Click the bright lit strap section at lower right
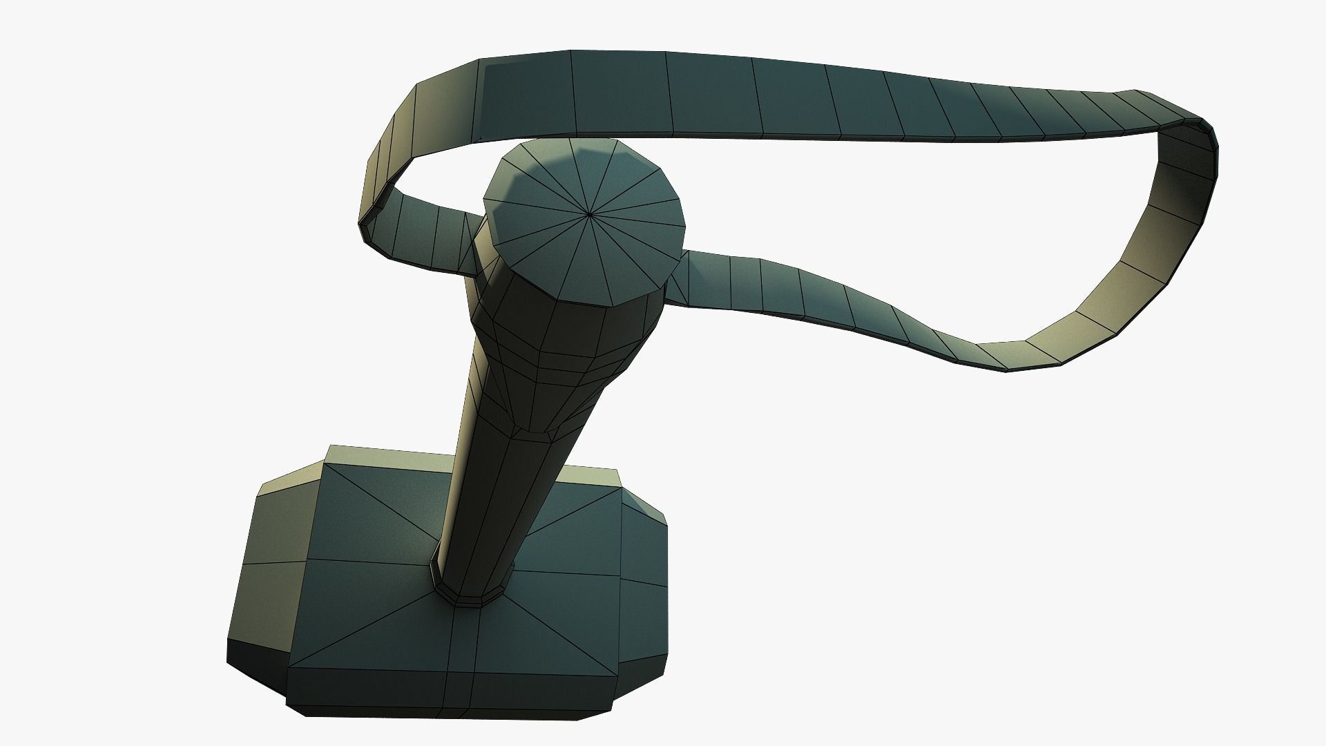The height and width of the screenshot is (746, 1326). (x=1133, y=276)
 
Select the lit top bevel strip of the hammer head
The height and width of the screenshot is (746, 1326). (x=387, y=456)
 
